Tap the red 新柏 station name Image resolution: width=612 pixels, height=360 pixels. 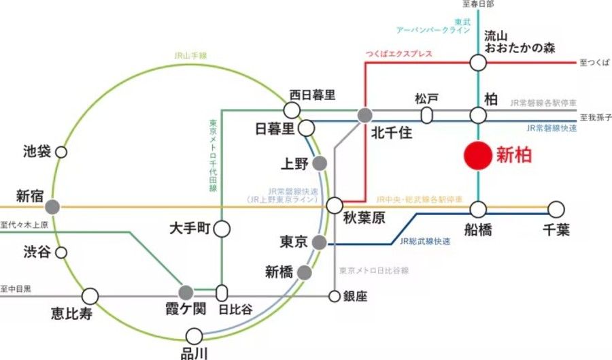513,155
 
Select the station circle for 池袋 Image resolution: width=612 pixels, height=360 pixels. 61,152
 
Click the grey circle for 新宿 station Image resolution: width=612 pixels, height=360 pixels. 52,206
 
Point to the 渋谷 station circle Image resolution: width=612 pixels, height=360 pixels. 61,252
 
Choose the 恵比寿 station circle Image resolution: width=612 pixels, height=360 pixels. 90,296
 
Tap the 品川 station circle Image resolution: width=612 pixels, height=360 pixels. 194,335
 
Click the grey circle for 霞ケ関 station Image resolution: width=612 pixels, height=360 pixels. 186,293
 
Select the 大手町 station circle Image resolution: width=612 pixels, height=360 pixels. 222,229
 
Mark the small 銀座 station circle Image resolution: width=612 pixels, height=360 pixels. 334,296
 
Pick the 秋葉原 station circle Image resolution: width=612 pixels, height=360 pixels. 335,205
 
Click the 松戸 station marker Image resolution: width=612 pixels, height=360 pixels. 426,115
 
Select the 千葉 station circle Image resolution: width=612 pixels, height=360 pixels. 556,209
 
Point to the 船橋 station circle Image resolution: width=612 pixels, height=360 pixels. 478,209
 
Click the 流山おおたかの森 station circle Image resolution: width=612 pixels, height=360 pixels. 478,63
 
